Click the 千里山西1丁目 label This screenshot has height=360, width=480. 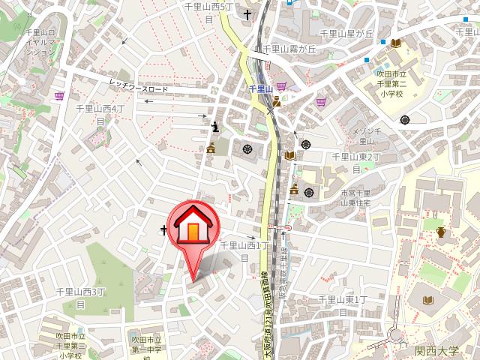244,250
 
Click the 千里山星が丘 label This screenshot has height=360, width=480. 346,34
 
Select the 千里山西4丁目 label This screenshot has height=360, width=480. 99,114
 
